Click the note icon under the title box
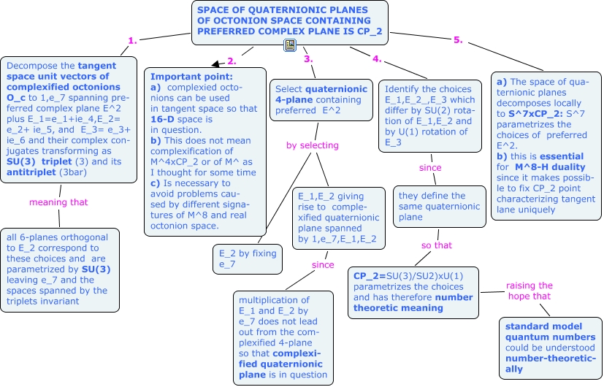[290, 45]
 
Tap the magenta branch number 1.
[132, 41]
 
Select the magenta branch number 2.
[232, 61]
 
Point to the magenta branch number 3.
[308, 59]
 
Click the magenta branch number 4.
[377, 59]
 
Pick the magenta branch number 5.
[458, 39]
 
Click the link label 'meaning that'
[58, 202]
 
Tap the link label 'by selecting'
[313, 145]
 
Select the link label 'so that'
[437, 245]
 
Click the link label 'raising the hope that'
[530, 291]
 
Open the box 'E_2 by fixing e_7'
[248, 259]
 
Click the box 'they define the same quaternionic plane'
[440, 207]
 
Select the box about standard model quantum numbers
[550, 348]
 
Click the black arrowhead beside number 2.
[215, 64]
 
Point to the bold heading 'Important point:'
[191, 77]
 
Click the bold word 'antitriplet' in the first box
[31, 172]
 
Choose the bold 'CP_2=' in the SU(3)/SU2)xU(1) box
[370, 276]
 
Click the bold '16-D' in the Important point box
[162, 119]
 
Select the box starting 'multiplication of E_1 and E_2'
[283, 337]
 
